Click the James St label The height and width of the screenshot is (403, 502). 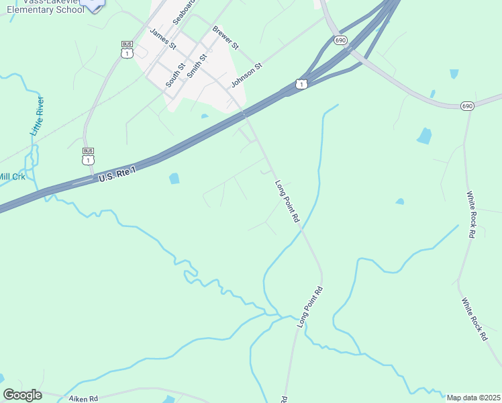[162, 38]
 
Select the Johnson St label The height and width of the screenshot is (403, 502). [246, 73]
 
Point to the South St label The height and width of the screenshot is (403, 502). [175, 75]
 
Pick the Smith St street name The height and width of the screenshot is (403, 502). [197, 66]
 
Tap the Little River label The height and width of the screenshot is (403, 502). [38, 116]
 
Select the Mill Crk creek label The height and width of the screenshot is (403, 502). [11, 177]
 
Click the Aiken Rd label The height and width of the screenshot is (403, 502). [83, 398]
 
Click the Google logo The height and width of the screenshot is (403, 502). [22, 395]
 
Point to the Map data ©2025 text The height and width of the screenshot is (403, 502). [474, 398]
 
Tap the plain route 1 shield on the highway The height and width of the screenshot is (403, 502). [301, 84]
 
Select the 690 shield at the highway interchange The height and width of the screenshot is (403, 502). [341, 40]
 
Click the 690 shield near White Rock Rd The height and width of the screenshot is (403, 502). [468, 106]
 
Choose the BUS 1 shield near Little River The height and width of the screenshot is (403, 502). [88, 156]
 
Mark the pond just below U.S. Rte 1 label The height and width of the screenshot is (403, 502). [174, 179]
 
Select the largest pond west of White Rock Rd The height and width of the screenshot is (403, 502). [424, 136]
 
